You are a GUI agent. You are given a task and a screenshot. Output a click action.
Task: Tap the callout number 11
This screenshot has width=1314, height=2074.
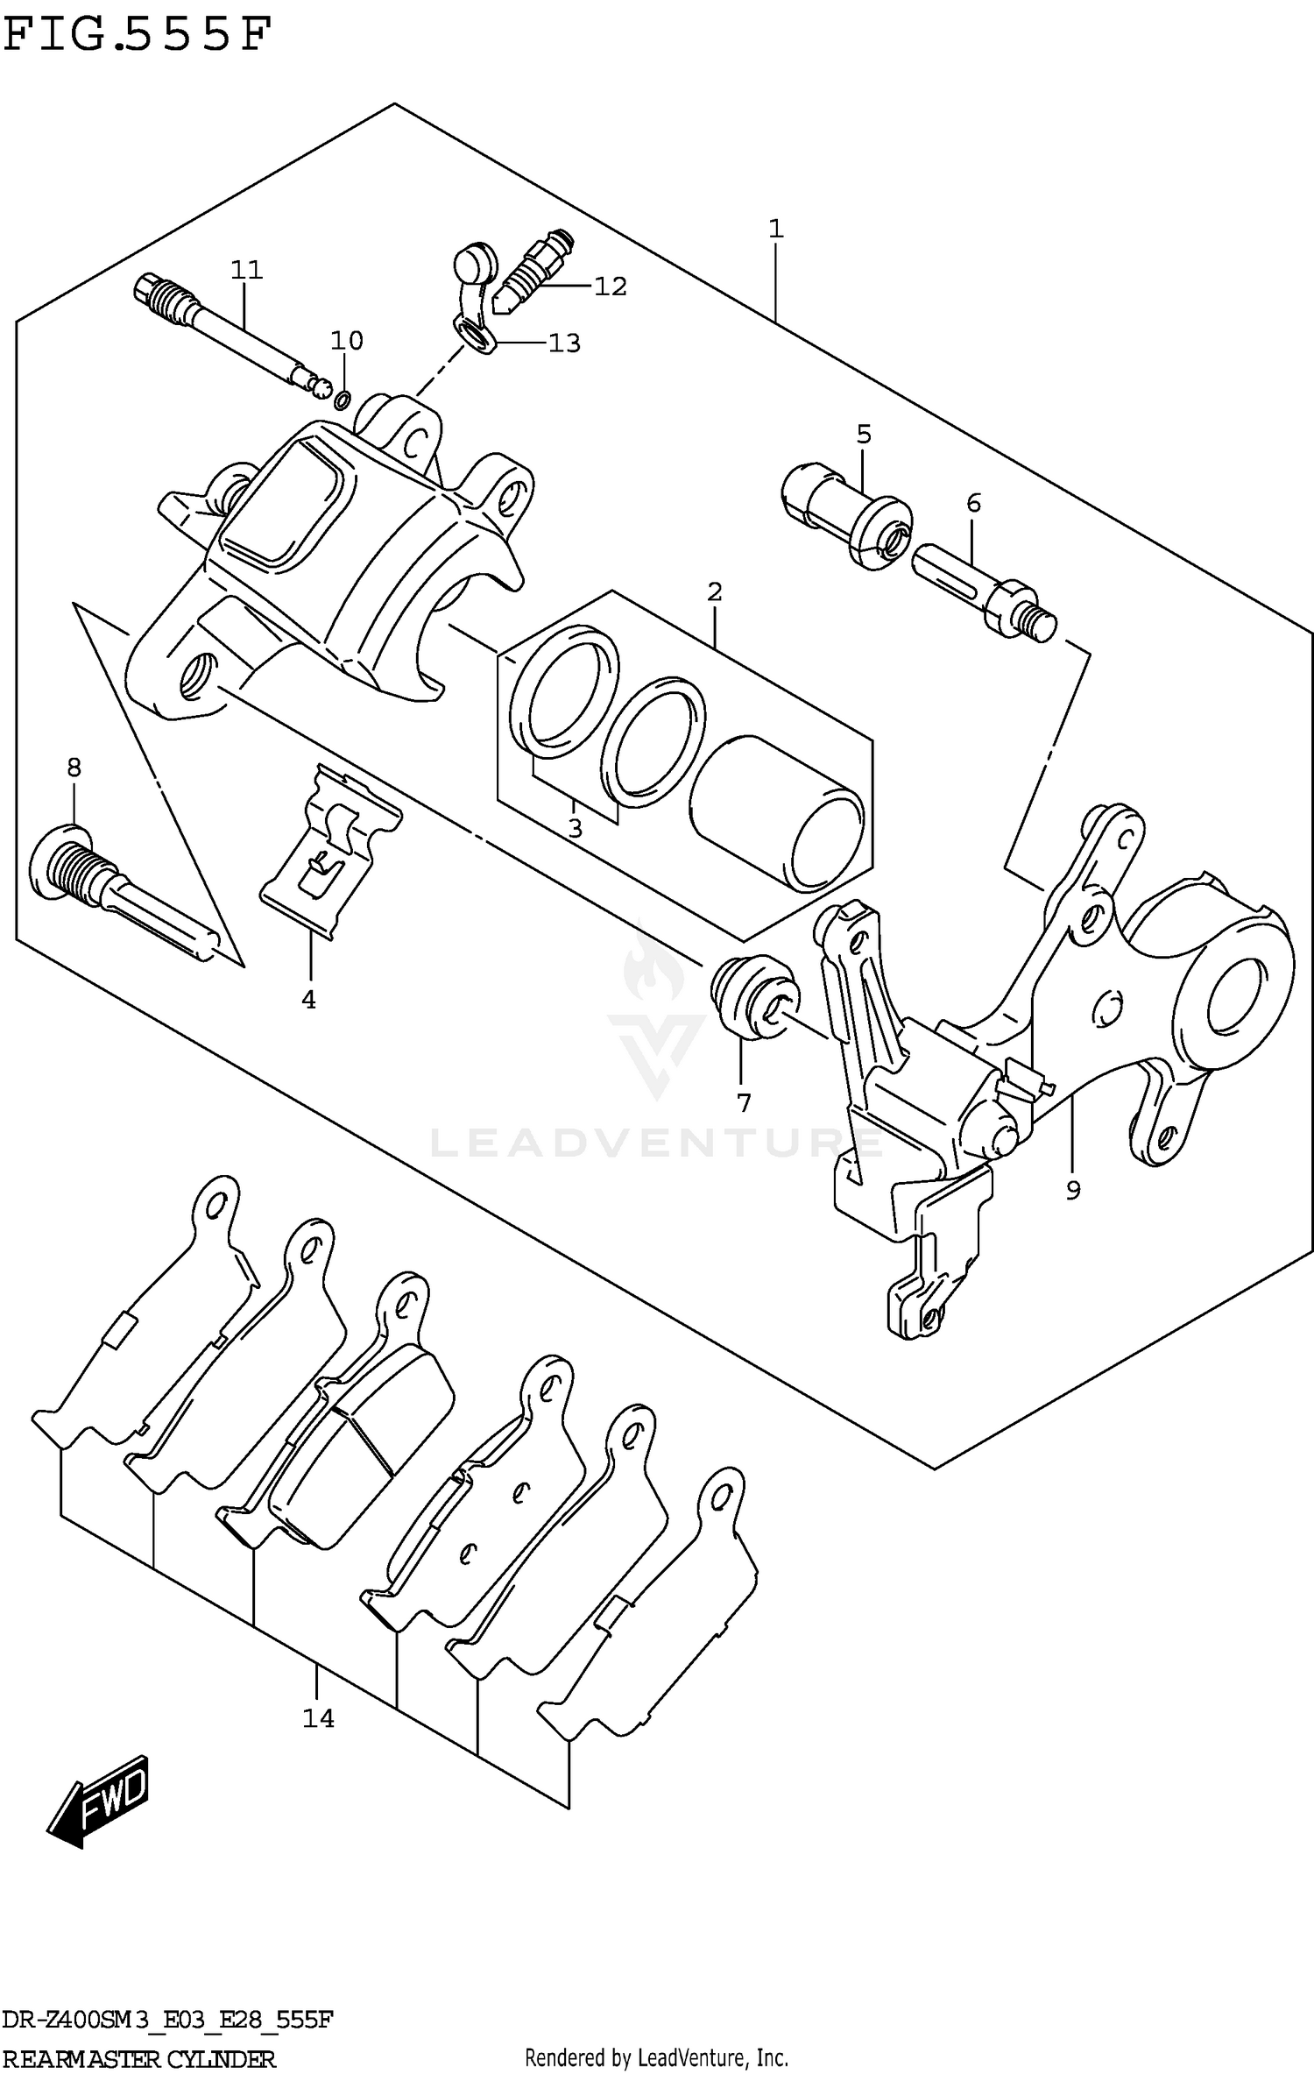(247, 269)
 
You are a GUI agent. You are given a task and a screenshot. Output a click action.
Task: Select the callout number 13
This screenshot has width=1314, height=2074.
(564, 343)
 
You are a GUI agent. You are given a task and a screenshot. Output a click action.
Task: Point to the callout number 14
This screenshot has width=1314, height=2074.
(318, 1718)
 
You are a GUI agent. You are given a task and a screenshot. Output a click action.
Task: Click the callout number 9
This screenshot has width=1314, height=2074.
(1073, 1189)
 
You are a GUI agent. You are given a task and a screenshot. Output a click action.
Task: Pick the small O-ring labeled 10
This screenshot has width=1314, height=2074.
(343, 400)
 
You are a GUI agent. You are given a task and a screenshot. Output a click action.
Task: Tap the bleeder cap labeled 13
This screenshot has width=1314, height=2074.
(473, 289)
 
